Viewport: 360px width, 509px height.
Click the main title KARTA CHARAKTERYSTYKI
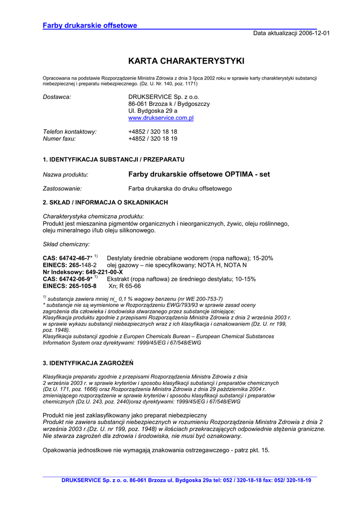tap(186, 61)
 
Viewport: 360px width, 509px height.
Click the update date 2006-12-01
tap(314, 33)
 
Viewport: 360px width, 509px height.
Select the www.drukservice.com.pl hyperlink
tap(161, 118)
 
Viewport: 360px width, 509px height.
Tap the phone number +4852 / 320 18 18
tap(153, 132)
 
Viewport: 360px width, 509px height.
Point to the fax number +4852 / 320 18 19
tap(153, 139)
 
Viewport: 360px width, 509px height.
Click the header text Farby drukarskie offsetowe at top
tap(90, 25)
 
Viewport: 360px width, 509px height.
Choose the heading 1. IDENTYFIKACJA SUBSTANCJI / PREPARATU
tap(114, 160)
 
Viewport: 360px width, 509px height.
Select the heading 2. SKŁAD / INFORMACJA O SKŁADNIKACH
tap(105, 203)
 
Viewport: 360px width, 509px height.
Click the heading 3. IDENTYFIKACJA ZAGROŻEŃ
tap(88, 363)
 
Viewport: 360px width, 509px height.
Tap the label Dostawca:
tap(57, 96)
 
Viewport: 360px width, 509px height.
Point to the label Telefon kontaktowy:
tap(70, 132)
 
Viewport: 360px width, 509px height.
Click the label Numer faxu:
tap(60, 139)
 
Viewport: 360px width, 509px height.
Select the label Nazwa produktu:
tap(66, 175)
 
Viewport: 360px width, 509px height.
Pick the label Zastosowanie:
tap(63, 189)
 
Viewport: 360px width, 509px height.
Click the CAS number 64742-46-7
tap(75, 258)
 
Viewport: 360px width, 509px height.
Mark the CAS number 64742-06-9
tap(75, 279)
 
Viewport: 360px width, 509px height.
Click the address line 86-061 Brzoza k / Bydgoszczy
tap(169, 104)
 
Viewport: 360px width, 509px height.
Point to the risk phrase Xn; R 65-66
tap(124, 286)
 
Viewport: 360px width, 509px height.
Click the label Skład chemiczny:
tap(67, 245)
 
